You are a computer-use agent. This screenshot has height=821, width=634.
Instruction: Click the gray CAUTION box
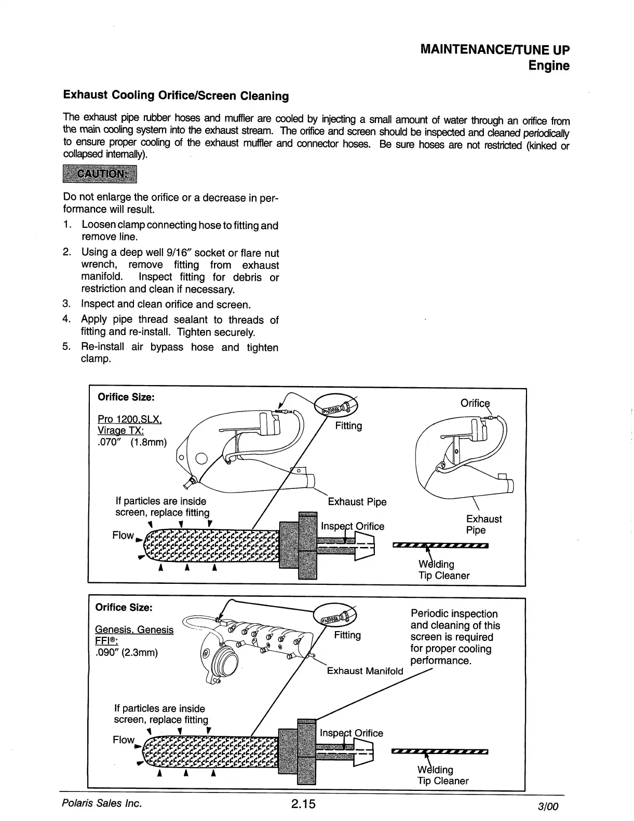(x=99, y=174)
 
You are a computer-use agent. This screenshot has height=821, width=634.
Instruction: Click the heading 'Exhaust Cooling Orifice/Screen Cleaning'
(x=176, y=95)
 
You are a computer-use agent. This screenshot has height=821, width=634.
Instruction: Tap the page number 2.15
(x=303, y=804)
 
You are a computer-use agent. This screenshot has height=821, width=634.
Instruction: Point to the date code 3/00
(x=549, y=807)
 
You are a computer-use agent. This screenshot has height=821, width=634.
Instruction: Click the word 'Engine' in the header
(x=549, y=66)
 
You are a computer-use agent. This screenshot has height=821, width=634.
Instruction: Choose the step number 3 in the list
(x=66, y=304)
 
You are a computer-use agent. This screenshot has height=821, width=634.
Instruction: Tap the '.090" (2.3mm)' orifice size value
(x=127, y=652)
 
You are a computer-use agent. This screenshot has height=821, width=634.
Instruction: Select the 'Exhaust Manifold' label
(x=365, y=671)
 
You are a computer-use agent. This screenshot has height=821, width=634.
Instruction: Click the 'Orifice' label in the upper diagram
(x=475, y=403)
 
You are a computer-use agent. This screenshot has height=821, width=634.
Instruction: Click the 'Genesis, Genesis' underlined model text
(x=134, y=630)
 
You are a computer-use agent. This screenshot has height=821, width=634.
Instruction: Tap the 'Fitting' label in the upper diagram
(x=348, y=426)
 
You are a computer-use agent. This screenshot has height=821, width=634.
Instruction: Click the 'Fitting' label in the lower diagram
(x=347, y=635)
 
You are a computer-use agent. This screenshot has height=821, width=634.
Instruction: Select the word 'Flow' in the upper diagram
(x=123, y=535)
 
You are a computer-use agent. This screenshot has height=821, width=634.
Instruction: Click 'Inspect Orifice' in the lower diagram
(x=352, y=733)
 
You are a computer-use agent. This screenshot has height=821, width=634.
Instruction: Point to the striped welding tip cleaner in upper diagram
(x=441, y=545)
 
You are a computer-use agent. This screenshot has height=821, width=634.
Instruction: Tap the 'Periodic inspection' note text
(x=454, y=613)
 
